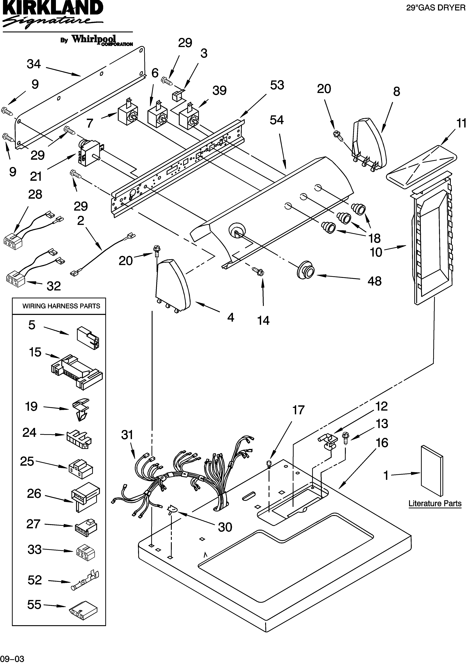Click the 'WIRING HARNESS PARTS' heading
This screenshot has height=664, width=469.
point(61,306)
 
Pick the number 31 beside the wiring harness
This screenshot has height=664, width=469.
point(127,435)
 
